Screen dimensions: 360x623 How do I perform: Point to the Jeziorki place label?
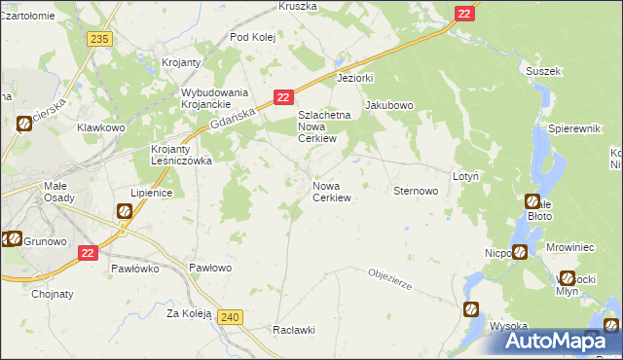[355, 77]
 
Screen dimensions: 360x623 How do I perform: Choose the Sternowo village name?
[415, 192]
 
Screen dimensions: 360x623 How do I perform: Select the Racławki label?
[295, 329]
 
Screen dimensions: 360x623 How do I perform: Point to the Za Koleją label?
[189, 313]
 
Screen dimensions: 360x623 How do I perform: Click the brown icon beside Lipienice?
[125, 211]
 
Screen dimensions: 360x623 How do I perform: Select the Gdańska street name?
[231, 120]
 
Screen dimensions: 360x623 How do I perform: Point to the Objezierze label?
[391, 278]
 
